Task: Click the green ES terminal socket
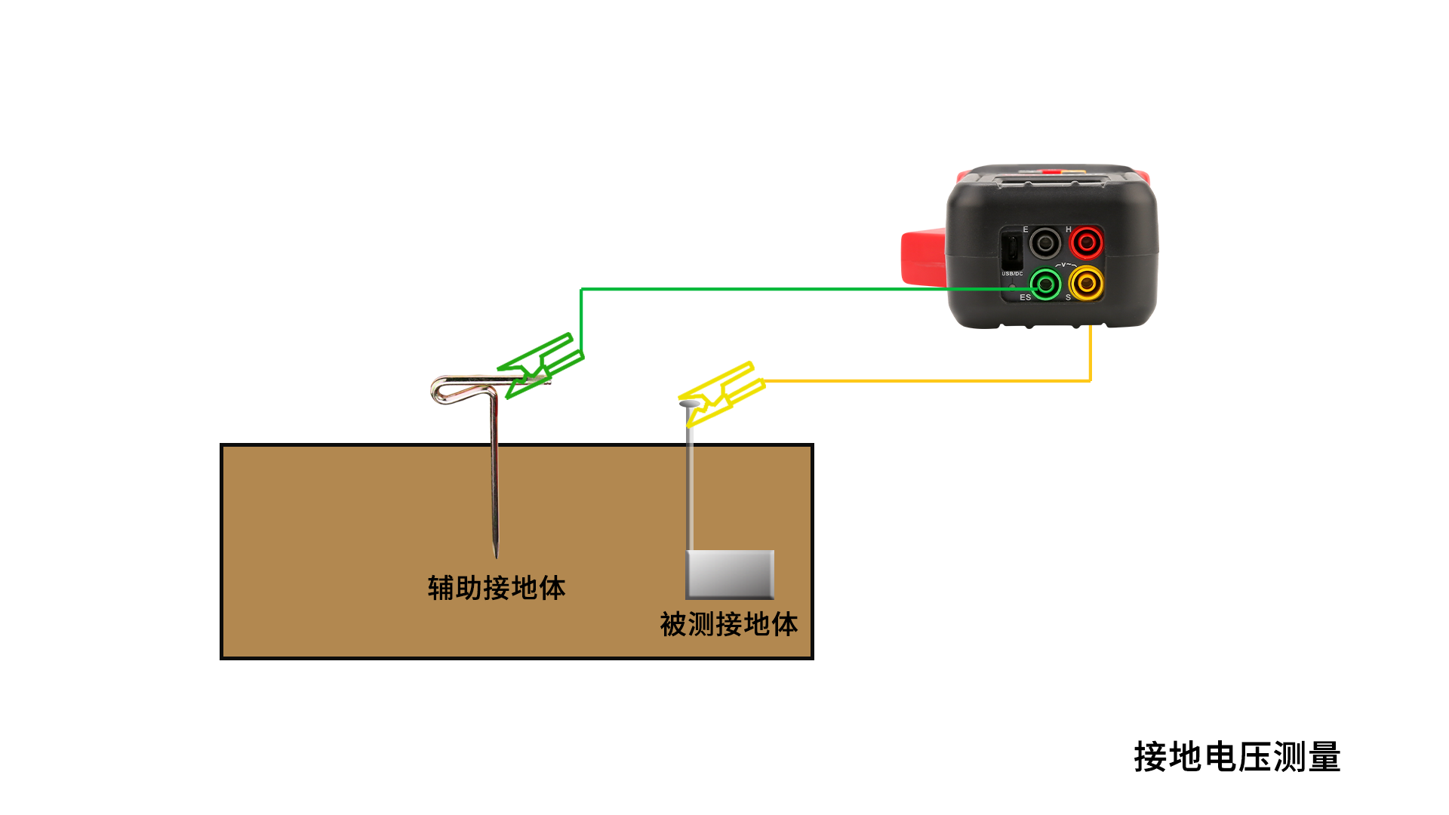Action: tap(1045, 284)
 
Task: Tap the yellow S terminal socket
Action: tap(1086, 283)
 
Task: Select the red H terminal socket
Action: tap(1086, 243)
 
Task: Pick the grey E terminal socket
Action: tap(1045, 243)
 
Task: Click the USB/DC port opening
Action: tap(1011, 248)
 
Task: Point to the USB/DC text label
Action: tap(1012, 273)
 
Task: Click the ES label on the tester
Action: tap(1025, 297)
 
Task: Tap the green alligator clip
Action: tap(540, 365)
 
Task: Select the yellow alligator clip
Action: tap(721, 392)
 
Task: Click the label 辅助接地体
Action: tap(497, 588)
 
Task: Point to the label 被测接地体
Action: tap(729, 624)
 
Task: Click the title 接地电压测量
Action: tap(1237, 757)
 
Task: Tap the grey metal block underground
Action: tap(730, 574)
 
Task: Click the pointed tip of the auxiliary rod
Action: tap(496, 554)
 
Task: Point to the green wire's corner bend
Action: tap(581, 289)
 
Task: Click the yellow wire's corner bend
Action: tap(1090, 380)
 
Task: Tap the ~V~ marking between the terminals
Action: tap(1066, 265)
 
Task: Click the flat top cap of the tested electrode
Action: tap(688, 404)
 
